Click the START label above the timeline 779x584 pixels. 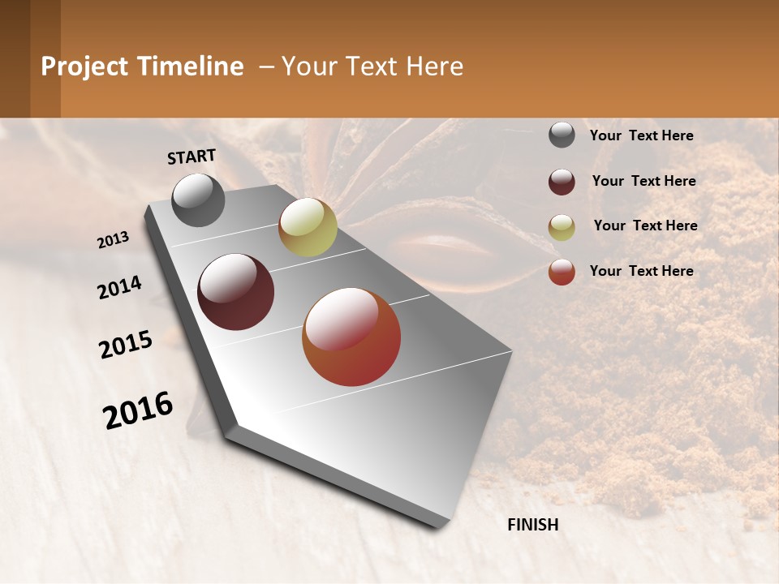click(192, 156)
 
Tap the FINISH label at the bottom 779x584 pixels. click(533, 525)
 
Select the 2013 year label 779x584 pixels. click(114, 240)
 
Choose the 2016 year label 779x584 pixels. click(138, 410)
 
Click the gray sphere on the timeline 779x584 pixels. click(198, 200)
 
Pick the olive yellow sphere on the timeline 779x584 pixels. click(308, 227)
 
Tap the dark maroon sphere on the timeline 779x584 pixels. click(236, 292)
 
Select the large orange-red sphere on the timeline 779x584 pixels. click(351, 337)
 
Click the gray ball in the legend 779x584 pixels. click(562, 135)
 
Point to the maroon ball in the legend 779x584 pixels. click(562, 181)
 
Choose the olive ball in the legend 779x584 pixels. click(562, 226)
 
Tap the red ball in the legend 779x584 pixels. click(562, 272)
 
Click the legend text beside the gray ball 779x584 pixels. click(641, 135)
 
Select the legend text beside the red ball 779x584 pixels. click(641, 271)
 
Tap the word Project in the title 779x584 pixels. click(84, 67)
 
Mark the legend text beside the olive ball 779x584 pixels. click(645, 225)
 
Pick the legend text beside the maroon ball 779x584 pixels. click(643, 181)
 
